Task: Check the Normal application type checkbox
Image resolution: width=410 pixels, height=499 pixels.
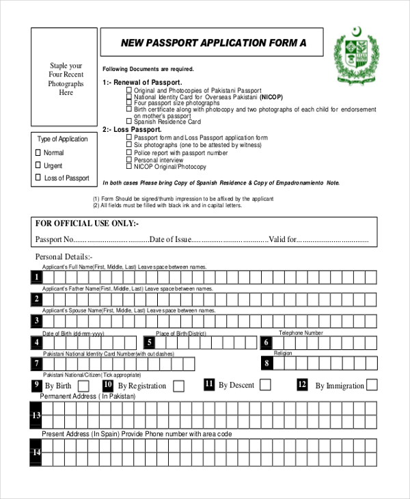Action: [38, 152]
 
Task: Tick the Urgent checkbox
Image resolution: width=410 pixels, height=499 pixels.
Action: [38, 165]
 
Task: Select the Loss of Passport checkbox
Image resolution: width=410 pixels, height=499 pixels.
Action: [38, 178]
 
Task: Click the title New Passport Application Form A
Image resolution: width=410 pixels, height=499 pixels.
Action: [213, 43]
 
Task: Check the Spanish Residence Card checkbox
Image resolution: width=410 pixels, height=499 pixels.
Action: [128, 122]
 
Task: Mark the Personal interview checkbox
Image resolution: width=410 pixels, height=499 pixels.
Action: [128, 160]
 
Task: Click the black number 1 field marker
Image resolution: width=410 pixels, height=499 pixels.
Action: [36, 277]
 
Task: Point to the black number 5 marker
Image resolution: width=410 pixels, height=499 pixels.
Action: [149, 342]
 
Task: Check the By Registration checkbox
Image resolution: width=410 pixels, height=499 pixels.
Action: [178, 386]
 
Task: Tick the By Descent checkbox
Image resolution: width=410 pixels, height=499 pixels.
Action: [265, 385]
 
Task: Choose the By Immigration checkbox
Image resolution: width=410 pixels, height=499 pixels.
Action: [372, 385]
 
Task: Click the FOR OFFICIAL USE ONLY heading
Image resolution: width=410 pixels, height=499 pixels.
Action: [87, 224]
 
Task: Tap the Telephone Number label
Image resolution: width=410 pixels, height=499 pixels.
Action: [301, 333]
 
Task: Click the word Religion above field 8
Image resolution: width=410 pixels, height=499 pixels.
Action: [283, 353]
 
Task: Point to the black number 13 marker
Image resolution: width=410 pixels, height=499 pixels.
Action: [36, 416]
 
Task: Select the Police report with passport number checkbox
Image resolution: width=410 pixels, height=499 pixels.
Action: [128, 152]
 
